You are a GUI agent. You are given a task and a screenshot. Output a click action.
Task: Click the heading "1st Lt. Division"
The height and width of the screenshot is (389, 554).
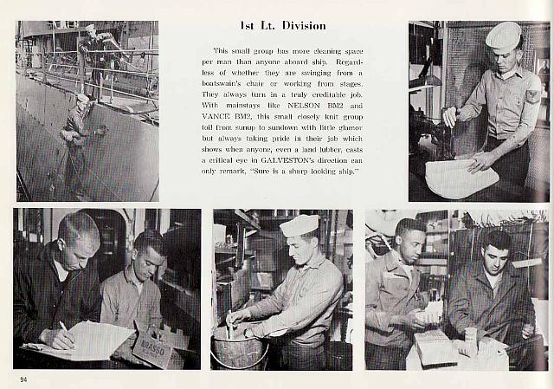click(283, 26)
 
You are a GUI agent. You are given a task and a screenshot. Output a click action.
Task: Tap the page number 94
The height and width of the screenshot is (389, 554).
click(23, 379)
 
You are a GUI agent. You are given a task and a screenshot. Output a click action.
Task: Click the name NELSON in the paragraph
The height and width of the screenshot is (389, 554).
click(304, 106)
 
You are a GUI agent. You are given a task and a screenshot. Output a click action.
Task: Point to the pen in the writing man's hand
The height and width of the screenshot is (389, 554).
click(64, 327)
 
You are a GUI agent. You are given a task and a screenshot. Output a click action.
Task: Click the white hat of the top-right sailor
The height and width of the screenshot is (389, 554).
click(503, 36)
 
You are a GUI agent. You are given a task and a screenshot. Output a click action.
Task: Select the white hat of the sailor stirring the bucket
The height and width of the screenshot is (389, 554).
click(300, 225)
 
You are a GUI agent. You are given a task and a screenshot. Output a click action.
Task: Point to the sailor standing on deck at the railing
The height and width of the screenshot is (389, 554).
click(94, 56)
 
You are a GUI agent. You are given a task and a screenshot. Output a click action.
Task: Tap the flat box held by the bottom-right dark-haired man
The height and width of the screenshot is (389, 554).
click(432, 347)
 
